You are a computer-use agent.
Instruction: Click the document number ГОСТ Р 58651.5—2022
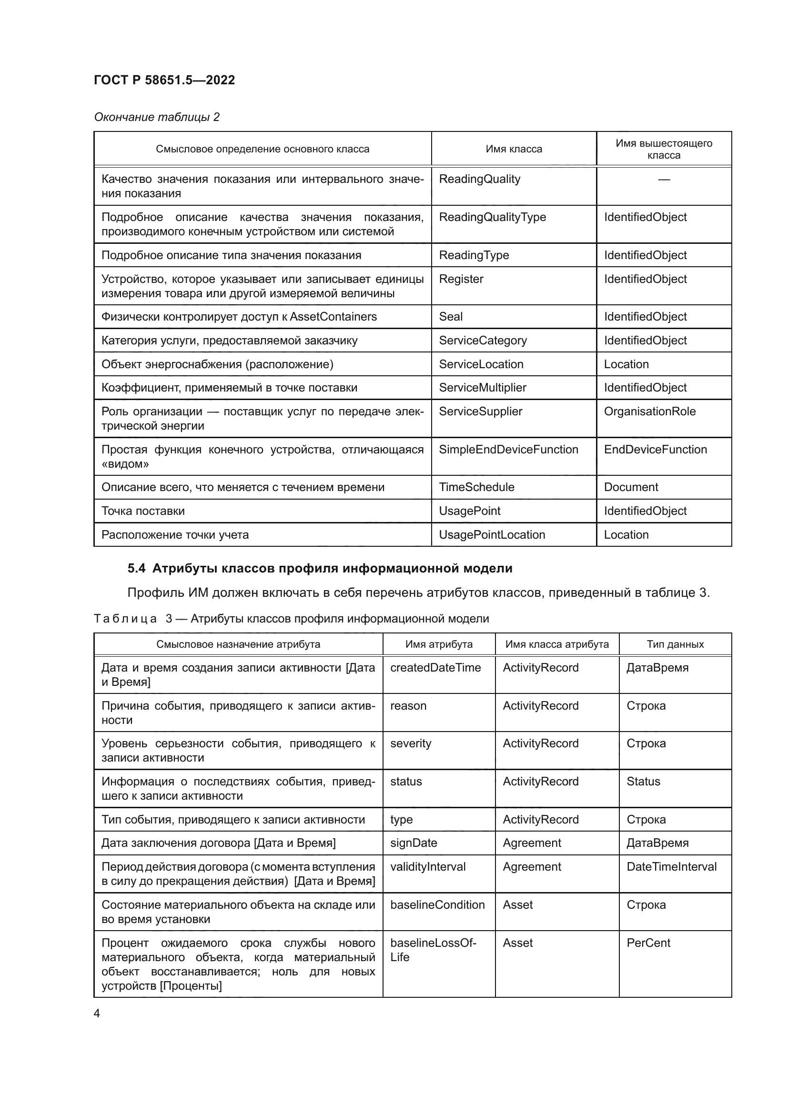point(164,80)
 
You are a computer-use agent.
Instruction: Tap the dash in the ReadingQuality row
point(663,180)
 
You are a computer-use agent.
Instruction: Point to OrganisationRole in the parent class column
point(649,411)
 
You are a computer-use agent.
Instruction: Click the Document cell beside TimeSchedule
point(631,487)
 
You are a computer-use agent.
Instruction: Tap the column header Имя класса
point(514,149)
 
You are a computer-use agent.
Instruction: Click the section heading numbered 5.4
point(320,568)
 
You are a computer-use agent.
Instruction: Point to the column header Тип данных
point(675,644)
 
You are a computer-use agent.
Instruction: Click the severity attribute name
point(411,743)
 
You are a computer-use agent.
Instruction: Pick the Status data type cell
point(643,781)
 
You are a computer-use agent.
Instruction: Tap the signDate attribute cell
point(414,843)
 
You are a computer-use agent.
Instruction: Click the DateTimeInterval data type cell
point(671,866)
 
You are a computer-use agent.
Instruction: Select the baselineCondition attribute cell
point(437,905)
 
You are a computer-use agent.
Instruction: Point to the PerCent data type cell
point(648,943)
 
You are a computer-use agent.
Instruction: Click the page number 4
point(97,1013)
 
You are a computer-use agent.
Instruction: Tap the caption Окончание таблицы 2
point(156,117)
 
